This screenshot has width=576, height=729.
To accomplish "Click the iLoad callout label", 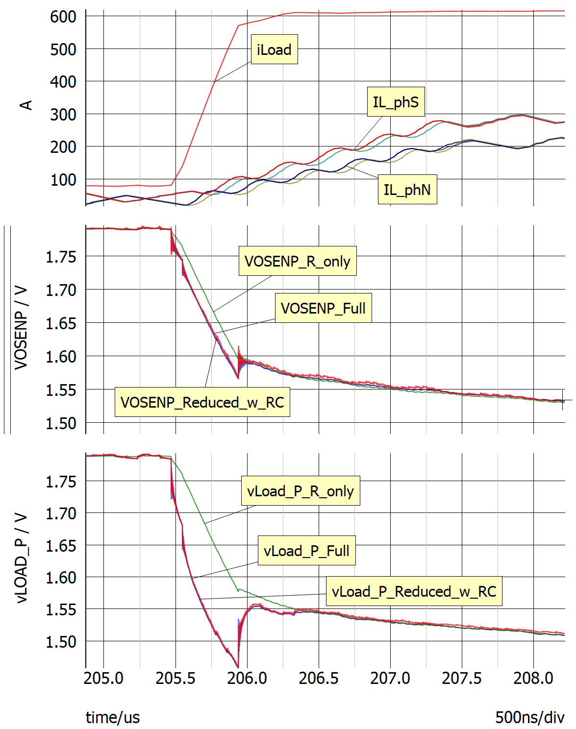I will click(x=274, y=49).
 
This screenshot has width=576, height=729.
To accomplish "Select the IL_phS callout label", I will click(x=396, y=102).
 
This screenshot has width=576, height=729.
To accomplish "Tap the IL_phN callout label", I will click(x=407, y=190).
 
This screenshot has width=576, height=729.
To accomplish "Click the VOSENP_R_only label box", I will click(x=298, y=261).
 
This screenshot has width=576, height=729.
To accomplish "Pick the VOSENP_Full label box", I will click(x=323, y=308).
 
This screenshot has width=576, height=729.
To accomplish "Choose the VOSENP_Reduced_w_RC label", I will click(x=202, y=402).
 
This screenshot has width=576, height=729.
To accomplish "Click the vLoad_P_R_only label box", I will click(x=300, y=491).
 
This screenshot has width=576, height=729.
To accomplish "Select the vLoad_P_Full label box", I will click(x=306, y=551).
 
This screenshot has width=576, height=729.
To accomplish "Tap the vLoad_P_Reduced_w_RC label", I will click(x=414, y=591).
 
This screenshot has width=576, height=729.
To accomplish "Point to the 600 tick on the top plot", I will click(x=63, y=17).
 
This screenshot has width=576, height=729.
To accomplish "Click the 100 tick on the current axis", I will click(x=63, y=180).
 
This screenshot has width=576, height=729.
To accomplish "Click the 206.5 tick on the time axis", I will click(x=319, y=678).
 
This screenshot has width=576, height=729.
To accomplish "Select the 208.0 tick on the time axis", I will click(x=533, y=678).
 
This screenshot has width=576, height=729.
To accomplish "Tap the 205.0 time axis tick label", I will click(x=103, y=678).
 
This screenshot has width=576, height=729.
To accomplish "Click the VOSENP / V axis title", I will click(x=21, y=328).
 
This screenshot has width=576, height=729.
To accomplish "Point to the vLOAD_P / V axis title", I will click(x=21, y=558).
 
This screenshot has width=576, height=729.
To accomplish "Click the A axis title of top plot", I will click(x=25, y=105).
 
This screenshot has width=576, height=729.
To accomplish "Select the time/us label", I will click(x=113, y=717).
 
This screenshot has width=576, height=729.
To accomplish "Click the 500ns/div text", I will click(x=529, y=717).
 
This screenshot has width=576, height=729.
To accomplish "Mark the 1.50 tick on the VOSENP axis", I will click(x=61, y=423).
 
